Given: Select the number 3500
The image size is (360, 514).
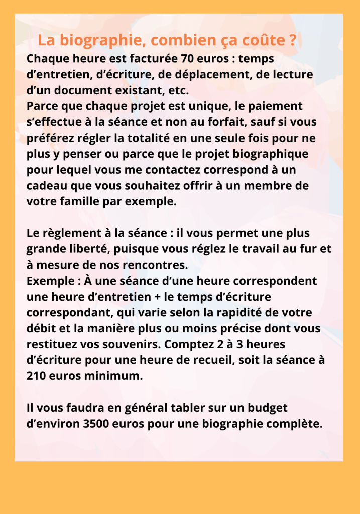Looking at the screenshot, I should tap(86, 423).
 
